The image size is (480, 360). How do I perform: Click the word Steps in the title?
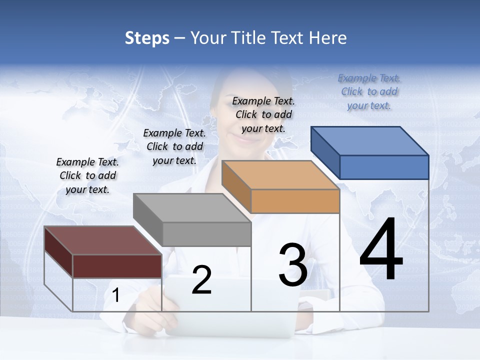click(147, 38)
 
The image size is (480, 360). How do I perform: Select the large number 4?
click(381, 250)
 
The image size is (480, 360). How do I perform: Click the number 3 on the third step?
click(292, 265)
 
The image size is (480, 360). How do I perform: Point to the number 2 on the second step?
click(201, 280)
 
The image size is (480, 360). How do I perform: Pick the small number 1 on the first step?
click(115, 295)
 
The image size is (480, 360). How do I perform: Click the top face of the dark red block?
click(103, 240)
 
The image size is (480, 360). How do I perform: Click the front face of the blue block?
click(384, 167)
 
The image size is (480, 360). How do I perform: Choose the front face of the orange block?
click(295, 201)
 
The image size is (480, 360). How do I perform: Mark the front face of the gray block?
click(206, 234)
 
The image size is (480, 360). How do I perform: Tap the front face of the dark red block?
click(117, 266)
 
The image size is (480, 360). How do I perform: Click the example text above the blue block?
click(369, 91)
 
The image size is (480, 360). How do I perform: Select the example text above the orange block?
click(263, 114)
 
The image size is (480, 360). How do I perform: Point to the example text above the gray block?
click(174, 146)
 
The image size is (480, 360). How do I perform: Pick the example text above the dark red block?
click(87, 175)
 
